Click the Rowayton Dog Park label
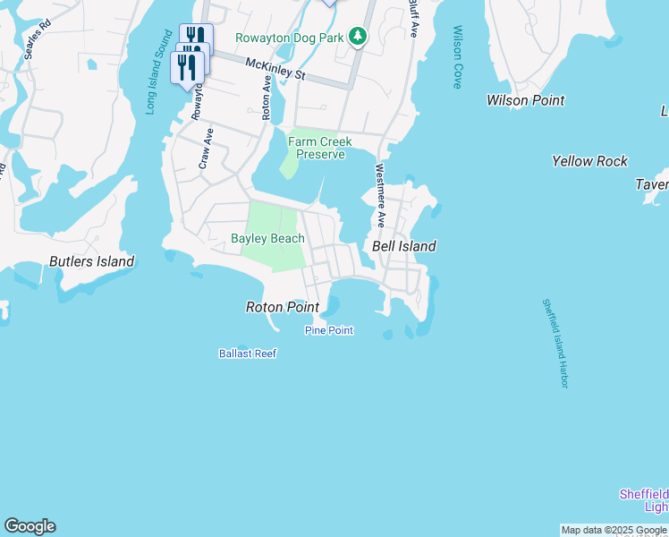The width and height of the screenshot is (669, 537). tap(289, 38)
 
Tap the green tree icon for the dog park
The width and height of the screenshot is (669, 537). tap(358, 36)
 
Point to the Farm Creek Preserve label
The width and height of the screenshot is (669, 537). tap(319, 148)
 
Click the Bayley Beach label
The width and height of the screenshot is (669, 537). tap(267, 238)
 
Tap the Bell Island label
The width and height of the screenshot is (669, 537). tap(403, 246)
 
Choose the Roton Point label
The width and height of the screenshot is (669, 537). tap(283, 307)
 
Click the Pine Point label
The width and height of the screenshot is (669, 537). tap(328, 330)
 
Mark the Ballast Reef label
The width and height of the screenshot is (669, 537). tap(248, 354)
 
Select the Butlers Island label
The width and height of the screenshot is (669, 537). tap(91, 262)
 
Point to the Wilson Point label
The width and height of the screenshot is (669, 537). tap(525, 100)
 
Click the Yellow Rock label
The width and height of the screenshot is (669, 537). tap(589, 161)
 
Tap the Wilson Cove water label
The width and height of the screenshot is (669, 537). tap(457, 57)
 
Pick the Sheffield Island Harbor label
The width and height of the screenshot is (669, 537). tap(555, 344)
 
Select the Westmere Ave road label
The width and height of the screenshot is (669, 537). tap(380, 194)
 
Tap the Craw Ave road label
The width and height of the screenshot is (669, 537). tap(205, 149)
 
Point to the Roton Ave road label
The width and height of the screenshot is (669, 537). tap(266, 98)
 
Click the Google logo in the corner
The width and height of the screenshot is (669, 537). tap(30, 526)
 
